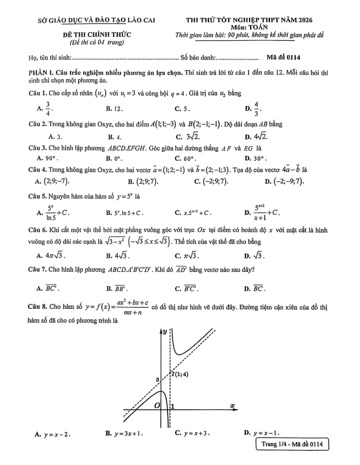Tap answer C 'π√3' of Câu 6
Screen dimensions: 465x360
[x=189, y=256]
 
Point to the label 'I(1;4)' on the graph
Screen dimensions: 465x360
[x=180, y=374]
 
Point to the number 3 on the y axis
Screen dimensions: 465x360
[x=157, y=380]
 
